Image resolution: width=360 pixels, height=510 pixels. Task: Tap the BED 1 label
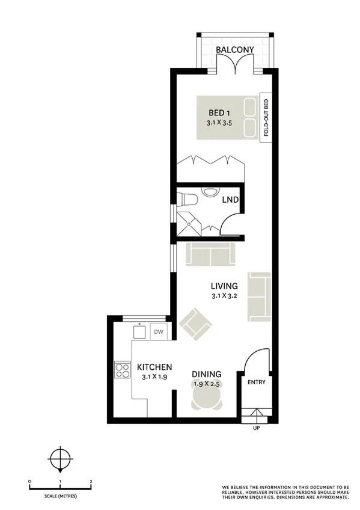[219, 113]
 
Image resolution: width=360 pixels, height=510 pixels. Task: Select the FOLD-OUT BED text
[266, 117]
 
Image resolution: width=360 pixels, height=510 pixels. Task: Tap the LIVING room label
[224, 286]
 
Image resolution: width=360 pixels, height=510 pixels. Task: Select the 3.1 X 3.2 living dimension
[224, 296]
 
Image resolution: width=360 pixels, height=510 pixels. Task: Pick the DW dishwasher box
[159, 331]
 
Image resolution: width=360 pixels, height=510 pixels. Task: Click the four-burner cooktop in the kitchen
[123, 369]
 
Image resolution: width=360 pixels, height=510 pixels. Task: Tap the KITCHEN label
[154, 367]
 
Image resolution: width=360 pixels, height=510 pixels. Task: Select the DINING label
[206, 373]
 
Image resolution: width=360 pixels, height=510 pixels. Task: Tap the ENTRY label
[256, 382]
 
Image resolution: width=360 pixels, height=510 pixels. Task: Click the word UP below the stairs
[257, 428]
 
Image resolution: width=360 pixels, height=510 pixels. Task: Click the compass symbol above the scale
[59, 460]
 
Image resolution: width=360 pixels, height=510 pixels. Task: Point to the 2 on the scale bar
[90, 482]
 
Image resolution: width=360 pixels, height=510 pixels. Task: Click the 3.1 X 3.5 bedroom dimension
[219, 123]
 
